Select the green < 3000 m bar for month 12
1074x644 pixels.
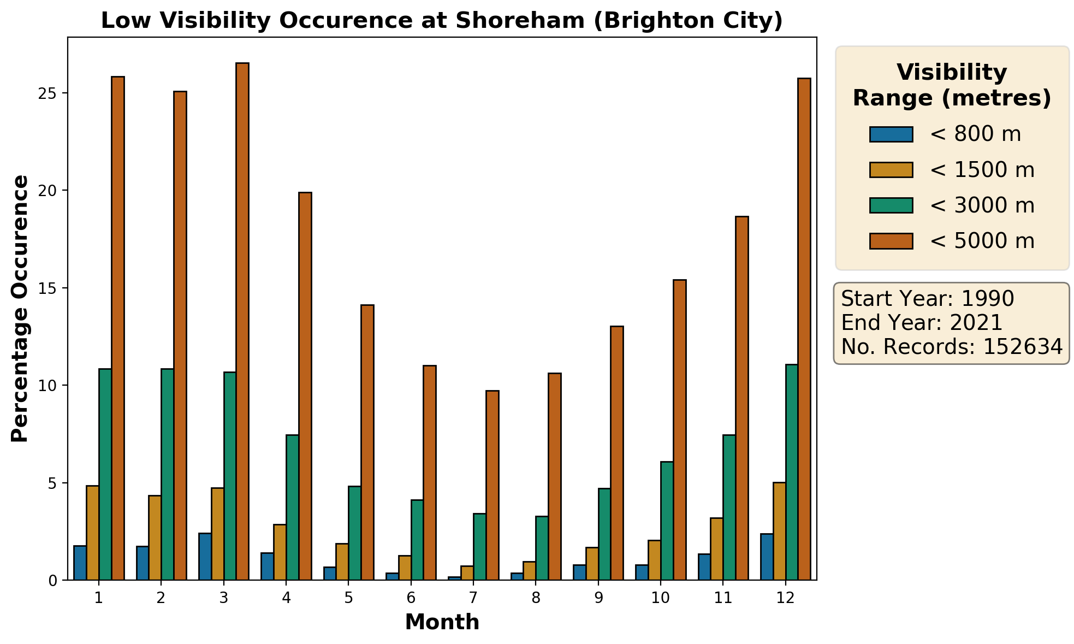click(x=792, y=472)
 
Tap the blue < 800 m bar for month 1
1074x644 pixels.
click(x=80, y=563)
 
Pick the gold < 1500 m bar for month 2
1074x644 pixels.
click(x=155, y=537)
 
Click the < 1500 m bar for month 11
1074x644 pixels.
click(x=716, y=548)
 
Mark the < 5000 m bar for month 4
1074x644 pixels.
click(x=305, y=386)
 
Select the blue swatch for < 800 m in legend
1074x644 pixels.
click(x=891, y=134)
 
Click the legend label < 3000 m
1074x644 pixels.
click(x=982, y=205)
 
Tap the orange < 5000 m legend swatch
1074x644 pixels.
click(x=891, y=241)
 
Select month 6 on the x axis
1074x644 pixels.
click(x=411, y=598)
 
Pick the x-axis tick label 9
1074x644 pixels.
click(x=598, y=598)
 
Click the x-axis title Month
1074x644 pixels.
click(x=442, y=622)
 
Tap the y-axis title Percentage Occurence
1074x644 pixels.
click(x=20, y=309)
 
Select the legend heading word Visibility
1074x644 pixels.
click(x=952, y=73)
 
